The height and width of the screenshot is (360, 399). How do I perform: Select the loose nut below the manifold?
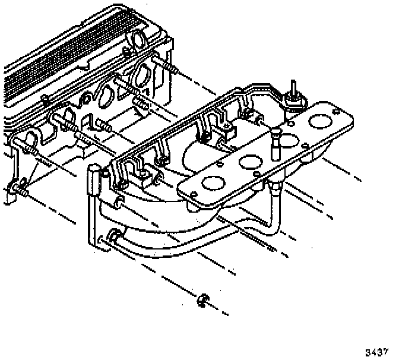click(x=203, y=300)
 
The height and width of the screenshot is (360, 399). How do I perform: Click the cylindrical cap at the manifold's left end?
click(x=93, y=178)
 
